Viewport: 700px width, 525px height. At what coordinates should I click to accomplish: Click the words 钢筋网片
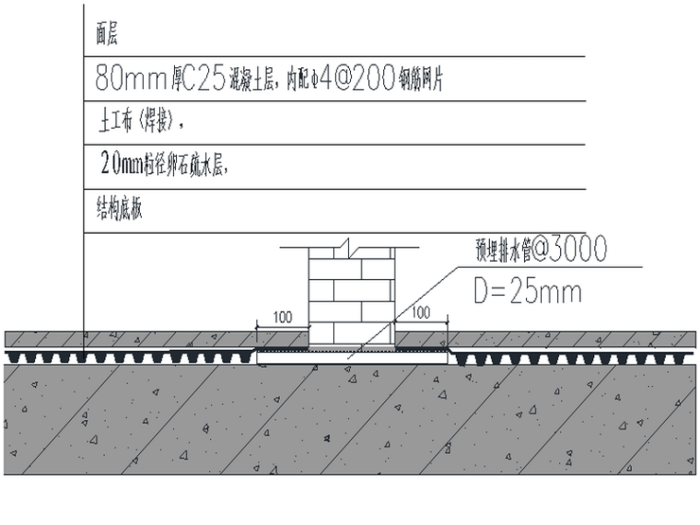[x=421, y=81]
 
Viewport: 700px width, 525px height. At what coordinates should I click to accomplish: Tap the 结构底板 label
[x=119, y=208]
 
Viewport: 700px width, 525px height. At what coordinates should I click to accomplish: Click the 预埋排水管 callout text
[x=499, y=250]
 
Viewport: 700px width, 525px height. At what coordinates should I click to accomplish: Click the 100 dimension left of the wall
[x=283, y=316]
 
